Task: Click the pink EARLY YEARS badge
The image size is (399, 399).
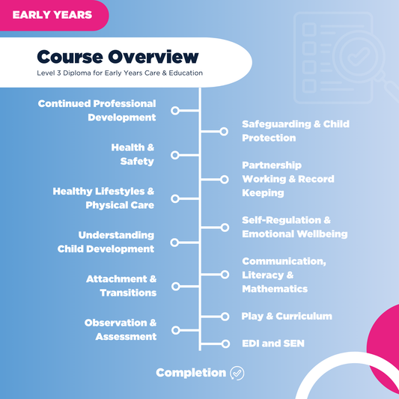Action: point(52,14)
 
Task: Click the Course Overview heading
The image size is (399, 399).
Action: point(118,57)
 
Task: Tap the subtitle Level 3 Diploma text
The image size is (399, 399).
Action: point(120,73)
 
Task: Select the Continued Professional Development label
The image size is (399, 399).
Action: point(97,111)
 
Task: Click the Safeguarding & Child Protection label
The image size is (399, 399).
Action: point(295,131)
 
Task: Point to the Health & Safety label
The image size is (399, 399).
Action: point(133,154)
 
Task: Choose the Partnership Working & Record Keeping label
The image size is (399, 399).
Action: point(287,179)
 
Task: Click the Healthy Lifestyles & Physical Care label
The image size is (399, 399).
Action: point(104,198)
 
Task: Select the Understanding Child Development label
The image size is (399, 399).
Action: point(106,242)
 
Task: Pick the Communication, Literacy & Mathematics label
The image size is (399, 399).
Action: point(284,275)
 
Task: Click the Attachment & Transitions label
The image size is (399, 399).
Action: point(121,286)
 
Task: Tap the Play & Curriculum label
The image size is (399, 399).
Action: point(286,317)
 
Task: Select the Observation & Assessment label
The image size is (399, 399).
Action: point(121,329)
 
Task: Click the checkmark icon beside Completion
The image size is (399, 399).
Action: point(237,373)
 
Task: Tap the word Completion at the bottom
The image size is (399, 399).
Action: point(190,373)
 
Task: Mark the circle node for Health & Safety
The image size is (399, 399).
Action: point(175,155)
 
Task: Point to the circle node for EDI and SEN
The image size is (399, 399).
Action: point(224,344)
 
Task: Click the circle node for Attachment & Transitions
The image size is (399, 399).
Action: point(175,286)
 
